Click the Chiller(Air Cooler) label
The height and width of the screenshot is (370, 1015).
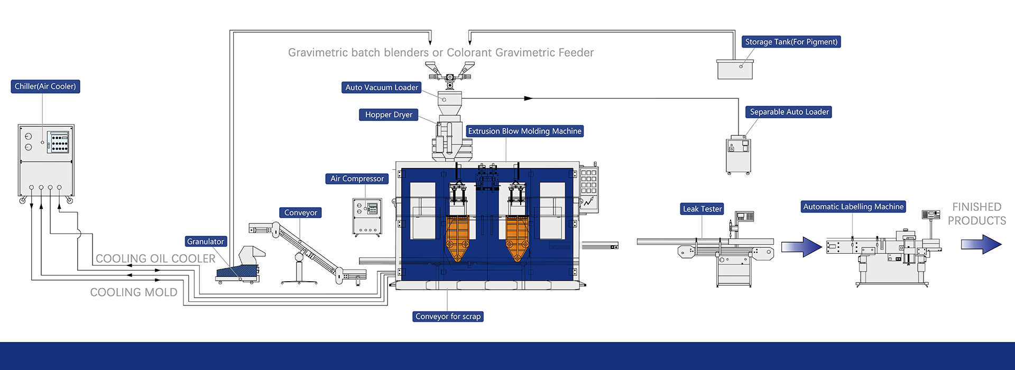tap(45, 87)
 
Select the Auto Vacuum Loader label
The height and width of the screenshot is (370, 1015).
tap(381, 88)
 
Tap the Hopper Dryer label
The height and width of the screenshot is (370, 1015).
tap(389, 115)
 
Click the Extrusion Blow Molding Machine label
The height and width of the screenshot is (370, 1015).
tap(524, 131)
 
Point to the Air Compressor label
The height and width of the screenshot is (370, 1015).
tap(357, 179)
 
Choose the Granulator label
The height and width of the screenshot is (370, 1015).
tap(206, 242)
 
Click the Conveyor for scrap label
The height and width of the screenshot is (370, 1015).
tap(448, 317)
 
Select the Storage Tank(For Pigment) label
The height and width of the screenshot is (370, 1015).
tap(791, 42)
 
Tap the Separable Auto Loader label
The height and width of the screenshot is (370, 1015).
tap(789, 112)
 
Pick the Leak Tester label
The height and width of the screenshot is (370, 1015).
tap(702, 209)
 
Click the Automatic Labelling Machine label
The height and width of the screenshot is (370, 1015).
tap(853, 207)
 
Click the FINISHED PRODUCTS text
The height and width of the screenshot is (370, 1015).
tap(976, 214)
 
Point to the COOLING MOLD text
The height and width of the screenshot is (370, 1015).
tap(133, 292)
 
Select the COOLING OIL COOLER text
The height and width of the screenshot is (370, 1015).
tap(155, 258)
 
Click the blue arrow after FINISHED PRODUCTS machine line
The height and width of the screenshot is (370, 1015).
tap(981, 245)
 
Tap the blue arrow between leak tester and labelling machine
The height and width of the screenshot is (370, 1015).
tap(801, 247)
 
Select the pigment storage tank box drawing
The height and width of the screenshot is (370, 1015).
tap(735, 69)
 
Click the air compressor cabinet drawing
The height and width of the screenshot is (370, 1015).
tap(367, 216)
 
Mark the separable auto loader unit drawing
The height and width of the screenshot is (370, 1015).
tap(739, 155)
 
